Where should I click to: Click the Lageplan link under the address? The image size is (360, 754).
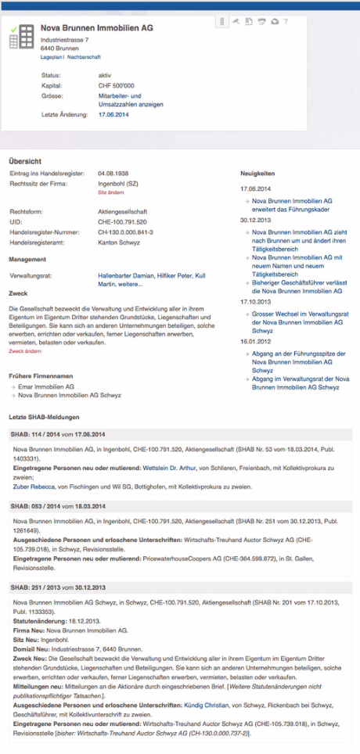click(52, 57)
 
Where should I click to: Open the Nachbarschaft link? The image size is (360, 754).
click(85, 57)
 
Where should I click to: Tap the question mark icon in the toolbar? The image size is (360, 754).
click(286, 21)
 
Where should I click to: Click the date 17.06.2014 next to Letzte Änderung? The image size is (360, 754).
click(113, 114)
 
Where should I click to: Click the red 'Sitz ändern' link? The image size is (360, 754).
click(111, 192)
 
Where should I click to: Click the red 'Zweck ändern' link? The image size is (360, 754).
click(25, 351)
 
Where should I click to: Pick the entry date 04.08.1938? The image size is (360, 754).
click(113, 173)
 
